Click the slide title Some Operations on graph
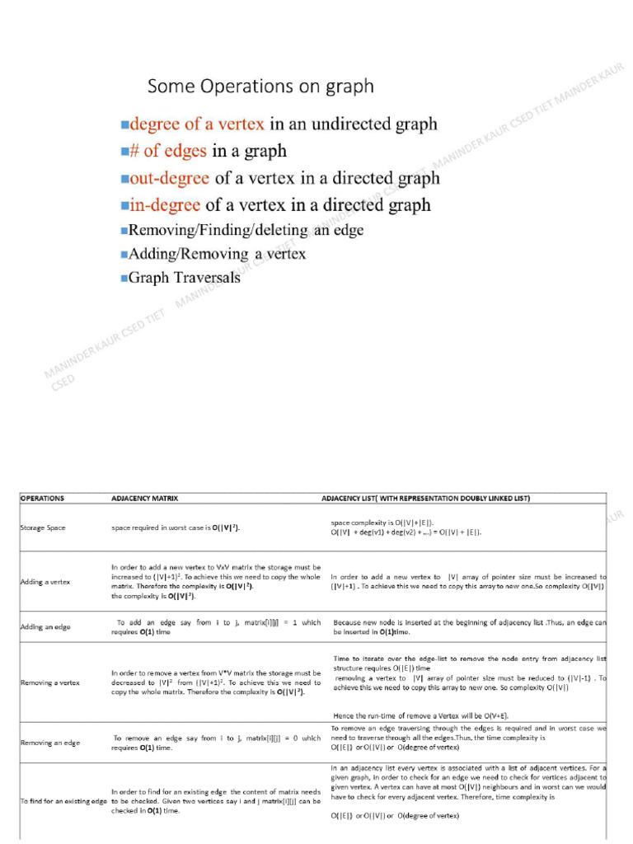pyautogui.click(x=260, y=87)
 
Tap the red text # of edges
pyautogui.click(x=168, y=152)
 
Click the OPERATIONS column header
pyautogui.click(x=42, y=499)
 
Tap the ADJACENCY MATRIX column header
pyautogui.click(x=145, y=499)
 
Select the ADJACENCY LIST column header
pyautogui.click(x=426, y=499)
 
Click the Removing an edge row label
pyautogui.click(x=50, y=743)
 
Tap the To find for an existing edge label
pyautogui.click(x=64, y=801)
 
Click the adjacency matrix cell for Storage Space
pyautogui.click(x=181, y=527)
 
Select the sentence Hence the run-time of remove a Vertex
pyautogui.click(x=426, y=715)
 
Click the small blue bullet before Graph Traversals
pyautogui.click(x=124, y=279)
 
